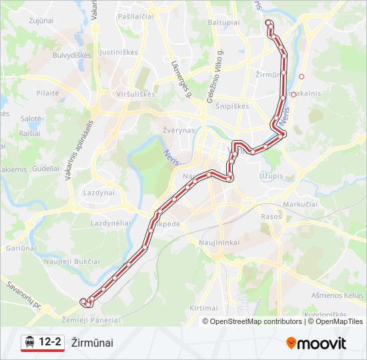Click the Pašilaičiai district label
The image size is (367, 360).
(136, 15)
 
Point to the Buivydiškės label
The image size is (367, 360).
(72, 55)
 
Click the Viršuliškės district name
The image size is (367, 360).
(135, 94)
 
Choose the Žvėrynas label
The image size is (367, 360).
(178, 130)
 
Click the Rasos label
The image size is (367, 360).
(272, 217)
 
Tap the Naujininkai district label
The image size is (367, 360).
(219, 243)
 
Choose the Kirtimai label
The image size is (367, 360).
(204, 308)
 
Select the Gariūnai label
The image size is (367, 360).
(20, 247)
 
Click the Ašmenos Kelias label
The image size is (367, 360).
(337, 295)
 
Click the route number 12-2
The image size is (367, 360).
(51, 343)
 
